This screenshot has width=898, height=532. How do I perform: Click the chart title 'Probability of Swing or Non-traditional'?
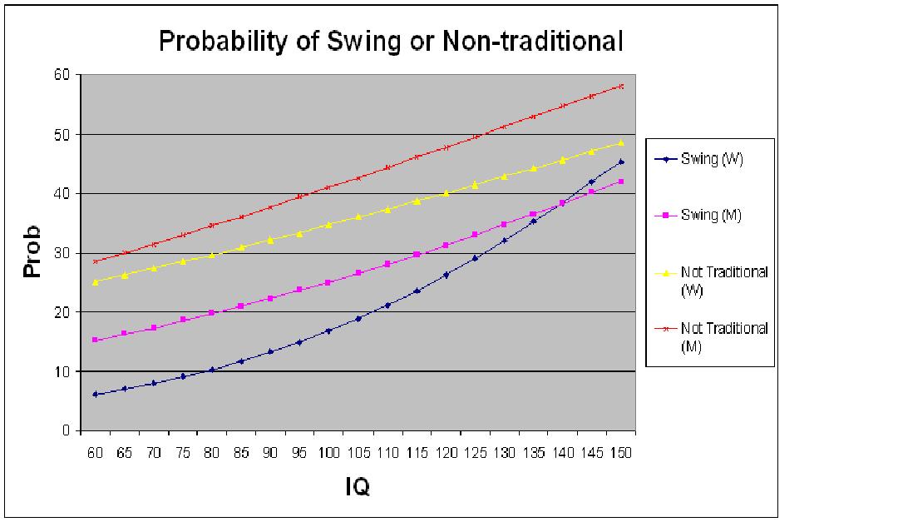(391, 42)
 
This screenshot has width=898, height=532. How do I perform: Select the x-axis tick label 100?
(328, 453)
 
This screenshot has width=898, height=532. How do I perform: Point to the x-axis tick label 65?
(124, 453)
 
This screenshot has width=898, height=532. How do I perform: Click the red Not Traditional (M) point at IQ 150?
(621, 86)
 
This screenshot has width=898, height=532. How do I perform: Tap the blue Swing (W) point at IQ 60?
(95, 394)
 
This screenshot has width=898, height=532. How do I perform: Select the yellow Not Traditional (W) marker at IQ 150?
(621, 142)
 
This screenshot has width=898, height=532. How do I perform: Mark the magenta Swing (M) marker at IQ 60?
(95, 340)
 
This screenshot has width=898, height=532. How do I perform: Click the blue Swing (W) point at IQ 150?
(621, 162)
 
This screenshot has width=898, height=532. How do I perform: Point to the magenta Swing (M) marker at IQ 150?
(621, 181)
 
